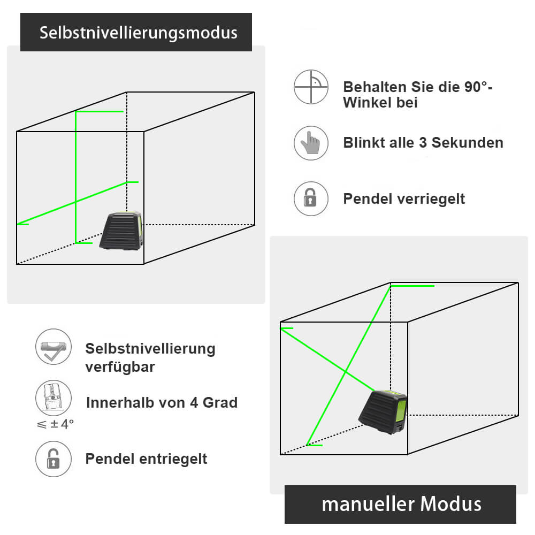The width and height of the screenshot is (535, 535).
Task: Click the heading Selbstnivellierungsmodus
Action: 138,33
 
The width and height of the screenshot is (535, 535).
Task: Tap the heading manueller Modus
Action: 401,504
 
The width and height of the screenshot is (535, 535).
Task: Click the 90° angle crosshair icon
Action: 310,87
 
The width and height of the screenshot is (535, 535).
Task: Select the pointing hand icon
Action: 310,143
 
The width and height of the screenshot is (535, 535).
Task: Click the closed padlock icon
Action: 310,198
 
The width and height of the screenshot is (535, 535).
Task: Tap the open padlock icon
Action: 53,458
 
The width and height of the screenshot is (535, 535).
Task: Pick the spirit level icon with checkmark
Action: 53,347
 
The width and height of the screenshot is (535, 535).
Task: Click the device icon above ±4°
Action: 53,399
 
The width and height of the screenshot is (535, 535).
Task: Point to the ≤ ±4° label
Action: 55,424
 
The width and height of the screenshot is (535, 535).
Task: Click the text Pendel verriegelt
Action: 403,199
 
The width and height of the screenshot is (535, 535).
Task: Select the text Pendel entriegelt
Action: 146,459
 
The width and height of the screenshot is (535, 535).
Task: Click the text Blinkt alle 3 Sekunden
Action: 423,143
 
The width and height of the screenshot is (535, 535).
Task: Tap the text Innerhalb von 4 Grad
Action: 162,402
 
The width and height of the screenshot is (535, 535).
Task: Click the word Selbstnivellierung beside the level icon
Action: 150,349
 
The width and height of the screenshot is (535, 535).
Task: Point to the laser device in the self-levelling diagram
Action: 121,231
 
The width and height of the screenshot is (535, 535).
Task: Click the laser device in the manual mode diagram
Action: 383,413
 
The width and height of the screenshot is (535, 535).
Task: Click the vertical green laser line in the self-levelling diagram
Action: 75,177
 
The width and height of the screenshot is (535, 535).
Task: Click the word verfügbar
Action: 120,367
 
